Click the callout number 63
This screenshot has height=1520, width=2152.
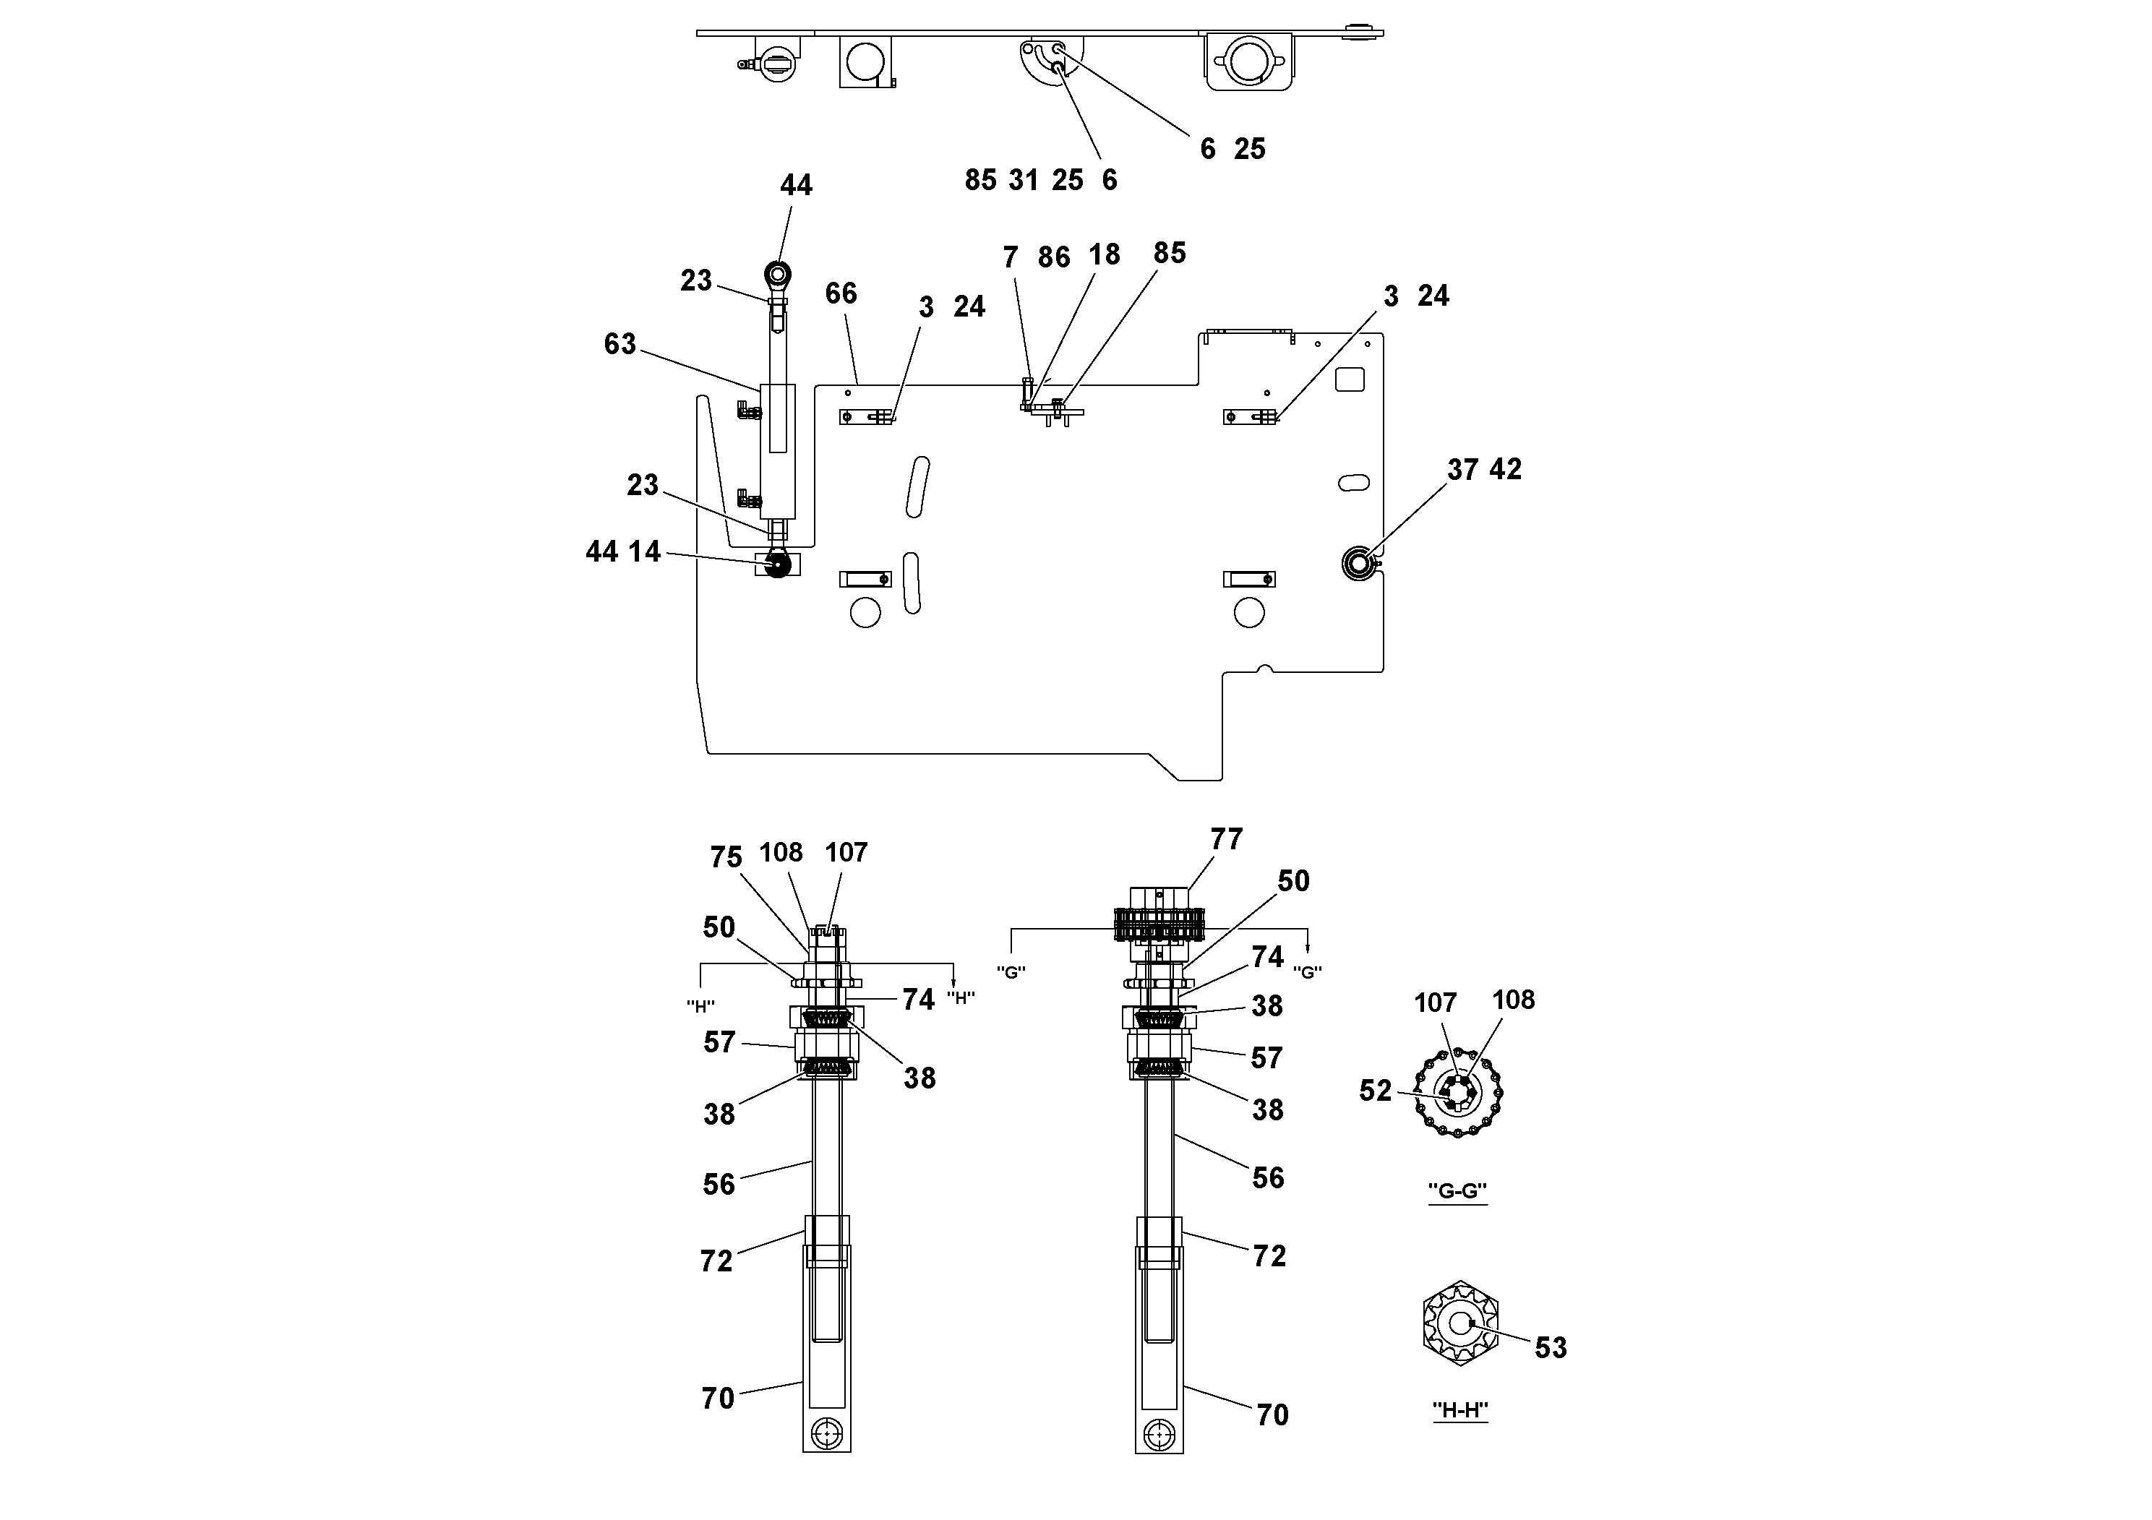[620, 345]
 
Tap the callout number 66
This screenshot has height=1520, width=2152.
[841, 294]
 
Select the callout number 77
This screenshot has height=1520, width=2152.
[1226, 840]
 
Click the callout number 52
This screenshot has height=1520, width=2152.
[1375, 1091]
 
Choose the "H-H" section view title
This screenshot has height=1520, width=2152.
[1460, 1410]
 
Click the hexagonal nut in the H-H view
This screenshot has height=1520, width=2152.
[1460, 1323]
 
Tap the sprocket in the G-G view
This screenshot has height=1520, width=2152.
[1459, 1093]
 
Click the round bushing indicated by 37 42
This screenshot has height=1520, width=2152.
[1357, 562]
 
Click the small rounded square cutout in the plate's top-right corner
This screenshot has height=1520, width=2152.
[1350, 379]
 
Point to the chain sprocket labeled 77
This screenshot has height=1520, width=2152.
[1160, 923]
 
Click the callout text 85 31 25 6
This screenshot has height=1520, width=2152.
[1040, 181]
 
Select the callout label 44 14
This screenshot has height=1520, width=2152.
[623, 552]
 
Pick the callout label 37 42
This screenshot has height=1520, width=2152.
[1484, 470]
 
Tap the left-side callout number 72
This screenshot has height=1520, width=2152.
[716, 1262]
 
